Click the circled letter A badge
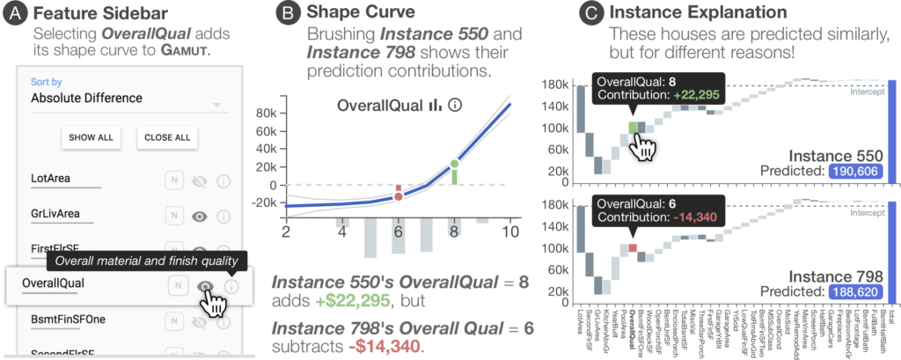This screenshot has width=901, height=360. [14, 13]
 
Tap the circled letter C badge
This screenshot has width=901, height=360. [568, 13]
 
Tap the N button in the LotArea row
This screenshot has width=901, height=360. [175, 180]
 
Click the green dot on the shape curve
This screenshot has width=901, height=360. [455, 165]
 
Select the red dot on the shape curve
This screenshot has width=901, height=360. [399, 196]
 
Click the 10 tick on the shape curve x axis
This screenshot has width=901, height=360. [508, 231]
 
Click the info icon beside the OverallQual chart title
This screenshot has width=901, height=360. [455, 106]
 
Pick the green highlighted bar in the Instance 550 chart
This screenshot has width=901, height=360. [631, 127]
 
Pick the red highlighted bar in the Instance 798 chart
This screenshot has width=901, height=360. [631, 249]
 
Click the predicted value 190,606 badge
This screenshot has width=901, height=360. [855, 173]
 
